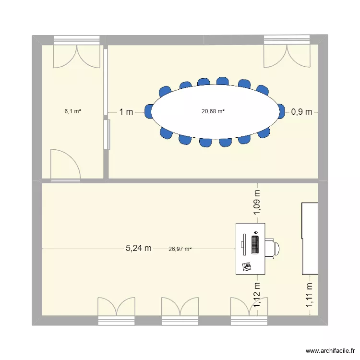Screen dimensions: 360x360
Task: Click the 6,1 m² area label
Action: pyautogui.click(x=72, y=111)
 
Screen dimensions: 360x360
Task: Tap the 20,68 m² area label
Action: pyautogui.click(x=213, y=111)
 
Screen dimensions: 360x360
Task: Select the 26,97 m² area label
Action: pyautogui.click(x=180, y=249)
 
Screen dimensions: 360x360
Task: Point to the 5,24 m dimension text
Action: pyautogui.click(x=139, y=248)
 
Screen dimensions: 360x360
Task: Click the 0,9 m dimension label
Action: pyautogui.click(x=301, y=112)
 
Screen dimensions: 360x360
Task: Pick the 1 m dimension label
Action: pyautogui.click(x=126, y=112)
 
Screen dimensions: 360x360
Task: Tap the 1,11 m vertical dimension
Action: pyautogui.click(x=310, y=294)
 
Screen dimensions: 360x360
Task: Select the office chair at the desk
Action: pyautogui.click(x=272, y=248)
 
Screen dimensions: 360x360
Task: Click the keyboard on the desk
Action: pyautogui.click(x=254, y=243)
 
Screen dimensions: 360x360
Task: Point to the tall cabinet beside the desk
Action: pyautogui.click(x=310, y=238)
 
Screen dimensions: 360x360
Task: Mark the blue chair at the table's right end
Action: pyautogui.click(x=282, y=111)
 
